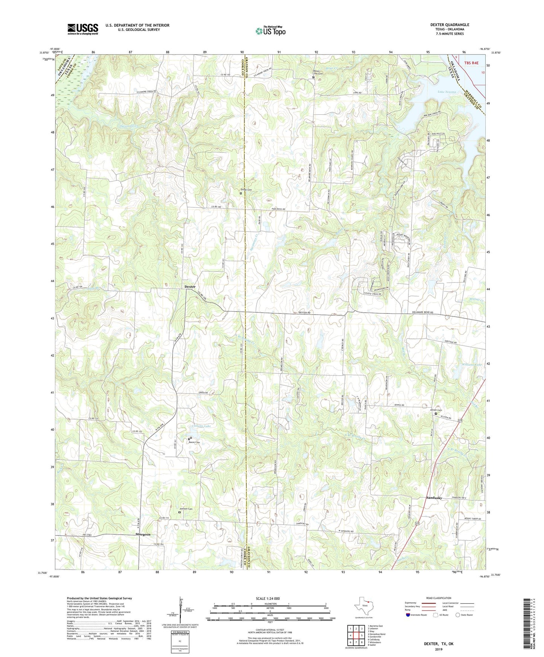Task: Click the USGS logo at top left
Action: (x=83, y=29)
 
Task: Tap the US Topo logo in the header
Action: (x=270, y=31)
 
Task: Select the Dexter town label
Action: (x=190, y=287)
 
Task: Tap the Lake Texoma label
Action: (x=447, y=92)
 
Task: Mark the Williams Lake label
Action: (x=472, y=365)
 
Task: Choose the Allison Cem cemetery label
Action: (x=436, y=410)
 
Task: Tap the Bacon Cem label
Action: (x=194, y=442)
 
